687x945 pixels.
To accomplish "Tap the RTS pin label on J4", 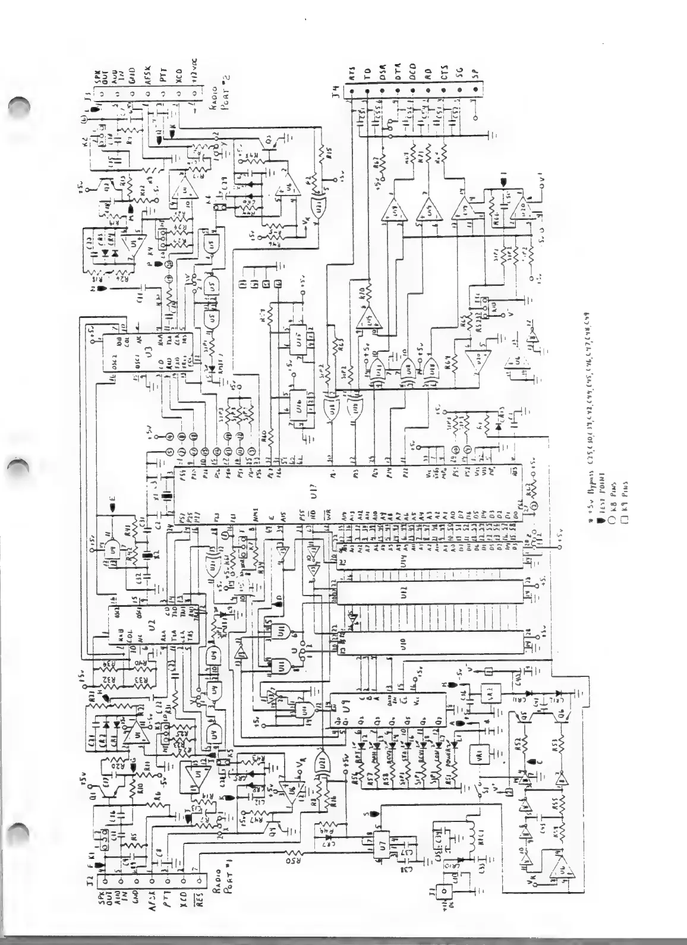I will tap(352, 73).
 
